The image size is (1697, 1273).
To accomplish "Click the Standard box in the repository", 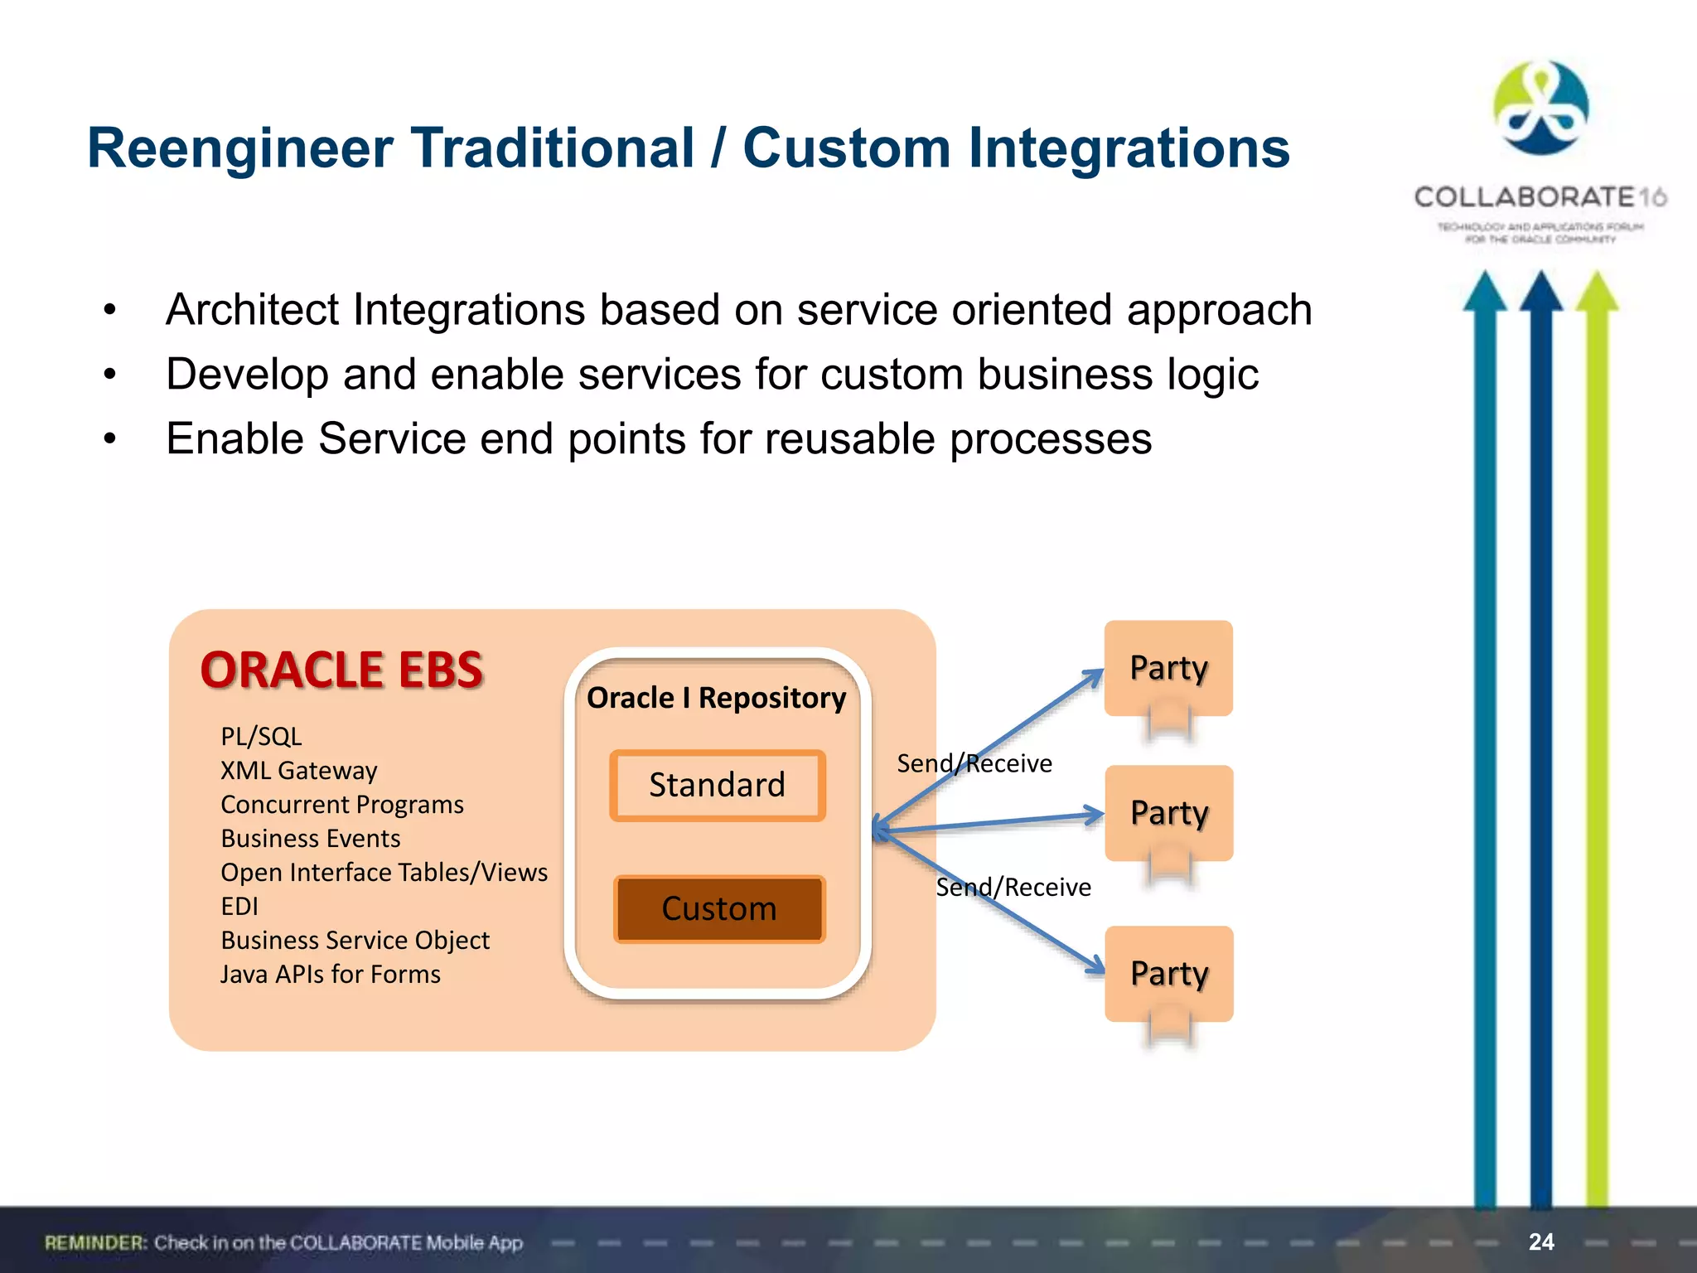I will (x=718, y=785).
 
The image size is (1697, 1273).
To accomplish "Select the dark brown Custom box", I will (x=719, y=908).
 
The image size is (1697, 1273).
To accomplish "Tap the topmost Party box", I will (x=1168, y=668).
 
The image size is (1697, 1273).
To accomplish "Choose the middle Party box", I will (x=1168, y=813).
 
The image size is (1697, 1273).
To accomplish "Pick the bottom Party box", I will (x=1168, y=973).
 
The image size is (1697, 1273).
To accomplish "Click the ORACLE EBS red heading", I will (x=341, y=670).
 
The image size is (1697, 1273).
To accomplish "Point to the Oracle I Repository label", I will (x=716, y=698).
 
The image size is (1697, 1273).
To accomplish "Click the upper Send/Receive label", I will (x=974, y=763).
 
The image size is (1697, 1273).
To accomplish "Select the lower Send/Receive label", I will (x=1013, y=888).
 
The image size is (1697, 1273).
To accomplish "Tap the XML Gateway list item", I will (x=298, y=771).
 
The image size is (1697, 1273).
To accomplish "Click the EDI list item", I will (x=239, y=907).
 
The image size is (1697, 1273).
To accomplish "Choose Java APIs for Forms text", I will (x=331, y=975).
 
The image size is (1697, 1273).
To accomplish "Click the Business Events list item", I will (x=311, y=839).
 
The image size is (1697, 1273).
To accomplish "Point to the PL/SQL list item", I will (x=261, y=737).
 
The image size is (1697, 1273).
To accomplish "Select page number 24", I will (x=1541, y=1242).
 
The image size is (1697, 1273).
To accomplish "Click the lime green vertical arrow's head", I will (x=1597, y=293).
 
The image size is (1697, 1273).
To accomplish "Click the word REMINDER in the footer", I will (x=95, y=1243).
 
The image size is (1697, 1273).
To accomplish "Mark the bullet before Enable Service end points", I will (x=110, y=439).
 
